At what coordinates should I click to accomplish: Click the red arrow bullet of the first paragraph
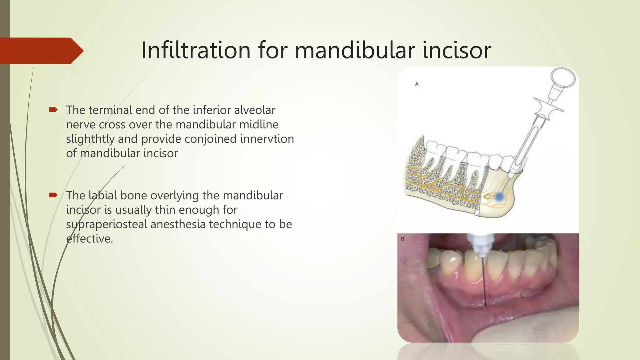tap(53, 110)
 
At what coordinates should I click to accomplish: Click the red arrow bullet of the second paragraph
tap(53, 195)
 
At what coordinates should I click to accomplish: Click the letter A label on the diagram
tap(417, 84)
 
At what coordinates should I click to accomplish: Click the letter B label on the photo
tap(403, 239)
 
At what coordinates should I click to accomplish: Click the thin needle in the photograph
tap(484, 281)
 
